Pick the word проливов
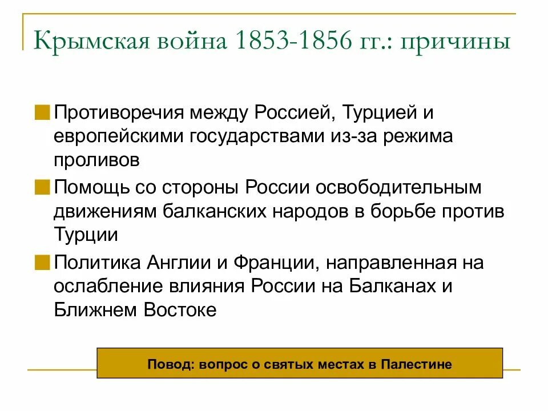pos(96,160)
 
